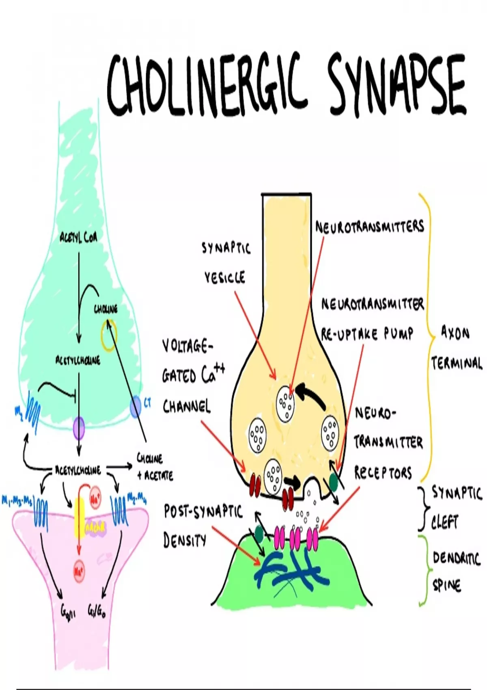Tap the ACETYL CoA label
tap(78, 237)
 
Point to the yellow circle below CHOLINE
tap(109, 336)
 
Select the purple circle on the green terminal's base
tap(79, 428)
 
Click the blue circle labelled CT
tap(136, 408)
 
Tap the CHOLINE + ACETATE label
tap(154, 467)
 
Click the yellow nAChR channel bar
tap(79, 517)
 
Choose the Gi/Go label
tap(97, 611)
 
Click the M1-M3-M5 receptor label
tap(17, 501)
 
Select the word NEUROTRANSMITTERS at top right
tap(369, 226)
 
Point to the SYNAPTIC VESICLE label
tap(226, 263)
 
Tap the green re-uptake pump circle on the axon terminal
tap(334, 481)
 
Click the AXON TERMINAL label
tap(456, 348)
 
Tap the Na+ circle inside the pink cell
tap(79, 572)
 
